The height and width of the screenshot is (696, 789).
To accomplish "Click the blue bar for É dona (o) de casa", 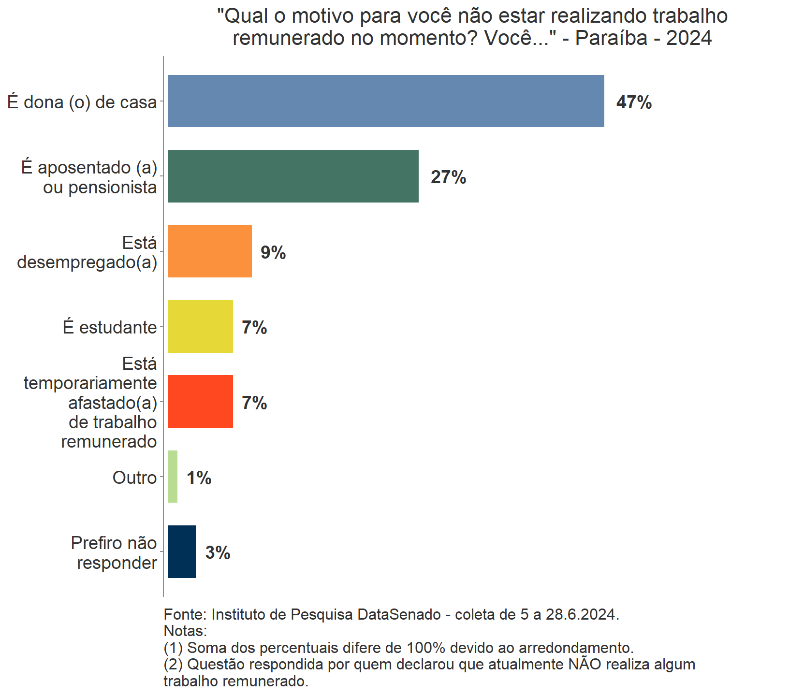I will [x=386, y=101].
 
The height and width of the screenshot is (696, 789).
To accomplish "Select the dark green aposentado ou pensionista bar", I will [x=293, y=176].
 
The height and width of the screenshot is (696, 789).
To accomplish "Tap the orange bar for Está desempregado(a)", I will [x=210, y=251].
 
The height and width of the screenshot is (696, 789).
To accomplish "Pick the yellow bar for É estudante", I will [x=200, y=326].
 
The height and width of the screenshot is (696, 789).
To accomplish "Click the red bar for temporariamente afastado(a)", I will [x=200, y=401].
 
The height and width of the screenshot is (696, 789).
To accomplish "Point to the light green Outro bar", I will [x=173, y=477].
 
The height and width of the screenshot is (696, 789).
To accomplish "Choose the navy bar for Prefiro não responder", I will [x=182, y=551].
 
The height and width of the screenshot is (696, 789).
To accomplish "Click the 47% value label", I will [x=634, y=102].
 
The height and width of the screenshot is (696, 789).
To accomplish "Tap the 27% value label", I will [x=448, y=177].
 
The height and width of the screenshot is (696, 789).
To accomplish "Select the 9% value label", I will [x=273, y=252].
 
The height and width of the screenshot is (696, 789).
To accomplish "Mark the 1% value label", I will [x=199, y=478].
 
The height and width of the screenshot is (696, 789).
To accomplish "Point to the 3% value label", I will [x=218, y=553].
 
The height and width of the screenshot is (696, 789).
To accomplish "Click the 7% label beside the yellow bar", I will [x=254, y=328].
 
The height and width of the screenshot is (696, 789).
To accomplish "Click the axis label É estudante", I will [x=110, y=327].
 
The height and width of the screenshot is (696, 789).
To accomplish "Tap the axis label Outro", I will [x=134, y=478].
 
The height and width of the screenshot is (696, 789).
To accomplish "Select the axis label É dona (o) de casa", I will [x=82, y=102].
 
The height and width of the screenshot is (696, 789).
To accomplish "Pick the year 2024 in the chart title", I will [x=688, y=38].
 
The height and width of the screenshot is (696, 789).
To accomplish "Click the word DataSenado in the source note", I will [x=399, y=614].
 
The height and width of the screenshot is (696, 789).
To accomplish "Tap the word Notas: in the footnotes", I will [x=185, y=631].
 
